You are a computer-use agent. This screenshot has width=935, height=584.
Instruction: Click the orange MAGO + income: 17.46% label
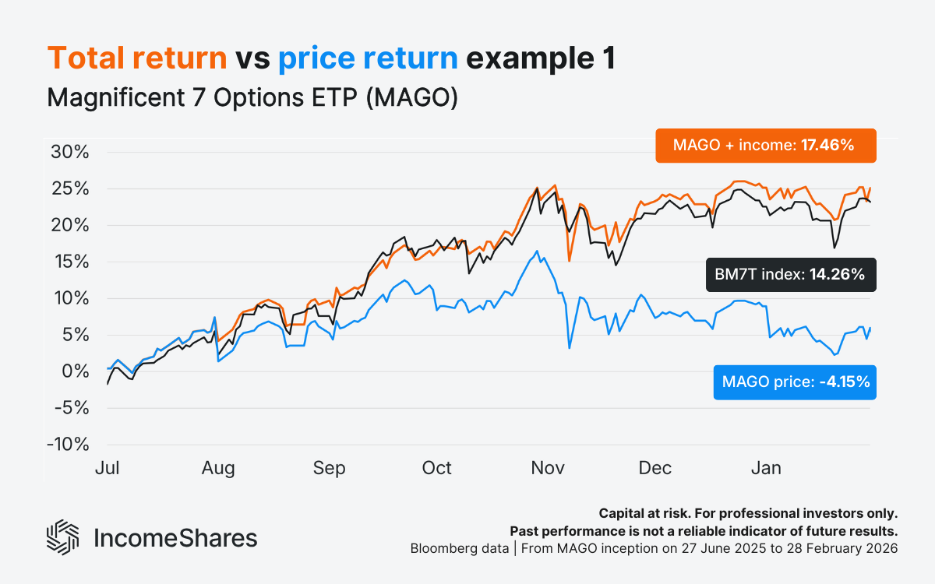coord(765,146)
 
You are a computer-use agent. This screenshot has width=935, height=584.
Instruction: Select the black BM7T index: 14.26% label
coord(790,274)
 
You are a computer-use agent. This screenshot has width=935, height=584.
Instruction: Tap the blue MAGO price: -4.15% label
coord(794,382)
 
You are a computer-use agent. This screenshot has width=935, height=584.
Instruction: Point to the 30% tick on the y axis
coord(70,152)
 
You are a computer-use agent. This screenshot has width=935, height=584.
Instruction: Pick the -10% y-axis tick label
coord(68,445)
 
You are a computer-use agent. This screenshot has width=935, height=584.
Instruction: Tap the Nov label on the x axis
coord(548,468)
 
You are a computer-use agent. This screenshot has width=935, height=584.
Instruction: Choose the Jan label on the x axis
coord(765,468)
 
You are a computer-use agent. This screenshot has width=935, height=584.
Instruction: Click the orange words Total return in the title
coord(137,59)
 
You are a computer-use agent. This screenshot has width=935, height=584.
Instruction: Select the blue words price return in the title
coord(368,59)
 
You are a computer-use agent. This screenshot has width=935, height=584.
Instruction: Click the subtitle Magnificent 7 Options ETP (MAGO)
coord(252,99)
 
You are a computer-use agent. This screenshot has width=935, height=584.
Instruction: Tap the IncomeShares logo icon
coord(63,537)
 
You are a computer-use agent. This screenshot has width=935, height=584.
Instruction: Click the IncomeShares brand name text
coord(175,538)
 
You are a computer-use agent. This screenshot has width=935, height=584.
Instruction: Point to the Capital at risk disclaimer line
coord(748,514)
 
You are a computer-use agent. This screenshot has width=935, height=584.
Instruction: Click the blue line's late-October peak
coord(536,251)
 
